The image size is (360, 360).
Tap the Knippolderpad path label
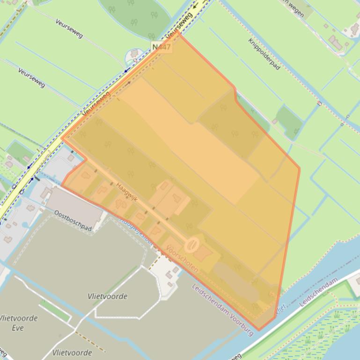[x=264, y=54]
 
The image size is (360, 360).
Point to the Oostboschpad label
[x=73, y=220]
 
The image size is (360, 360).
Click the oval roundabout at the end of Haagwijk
[x=192, y=244]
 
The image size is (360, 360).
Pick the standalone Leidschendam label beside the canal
[x=318, y=292]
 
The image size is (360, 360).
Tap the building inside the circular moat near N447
[x=135, y=54]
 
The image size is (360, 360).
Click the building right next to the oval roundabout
[x=203, y=253]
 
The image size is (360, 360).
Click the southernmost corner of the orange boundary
[x=258, y=330]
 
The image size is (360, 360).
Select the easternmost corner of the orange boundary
[x=299, y=168]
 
